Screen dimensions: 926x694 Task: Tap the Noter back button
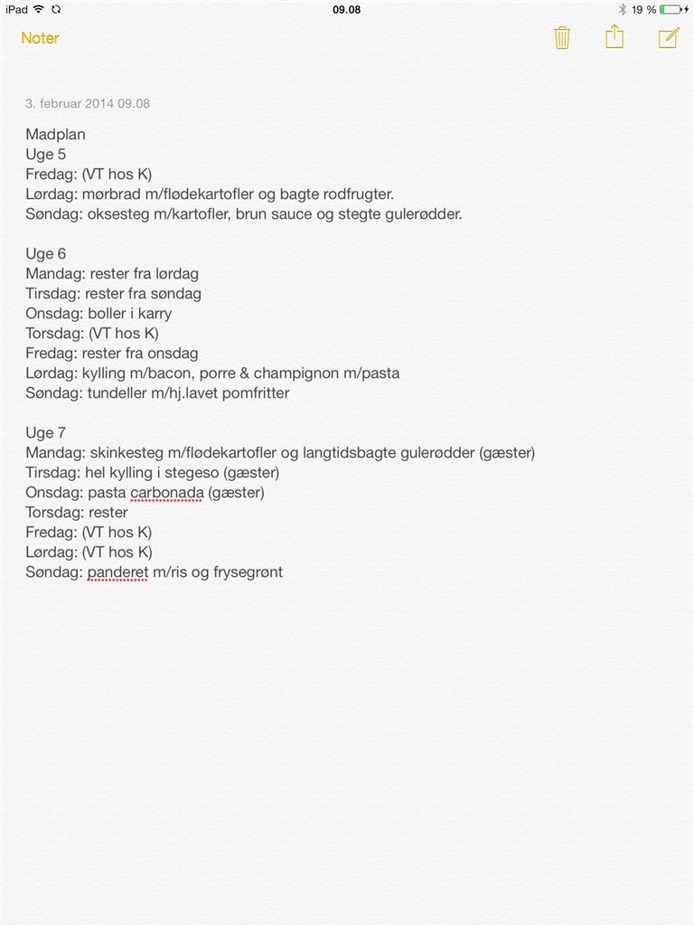(40, 38)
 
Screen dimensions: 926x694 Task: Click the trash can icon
(562, 38)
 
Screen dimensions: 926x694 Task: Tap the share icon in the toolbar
(614, 37)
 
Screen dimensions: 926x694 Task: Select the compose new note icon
(668, 38)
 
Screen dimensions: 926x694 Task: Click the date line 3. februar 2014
(88, 103)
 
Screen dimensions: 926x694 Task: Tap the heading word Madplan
(55, 135)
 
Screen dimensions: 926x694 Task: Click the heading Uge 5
(45, 155)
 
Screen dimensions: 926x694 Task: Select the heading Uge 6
(45, 254)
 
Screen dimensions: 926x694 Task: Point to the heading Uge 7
(45, 433)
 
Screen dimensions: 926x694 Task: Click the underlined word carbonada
(166, 493)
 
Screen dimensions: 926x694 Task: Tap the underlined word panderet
(117, 572)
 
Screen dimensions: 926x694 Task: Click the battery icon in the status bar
(671, 9)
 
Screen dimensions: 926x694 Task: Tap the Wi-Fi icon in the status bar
(39, 9)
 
